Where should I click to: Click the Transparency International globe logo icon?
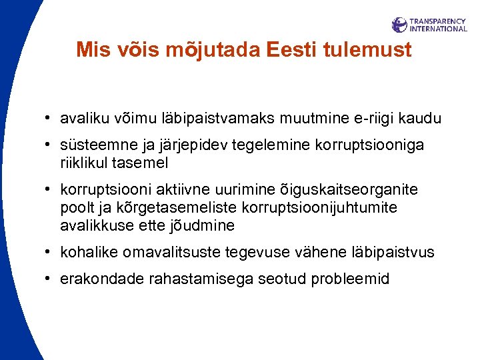(399, 25)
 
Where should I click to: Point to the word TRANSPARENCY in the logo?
(437, 21)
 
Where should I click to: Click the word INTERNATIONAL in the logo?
(437, 29)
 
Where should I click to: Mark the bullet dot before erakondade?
(50, 279)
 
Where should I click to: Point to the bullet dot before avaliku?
(50, 119)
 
